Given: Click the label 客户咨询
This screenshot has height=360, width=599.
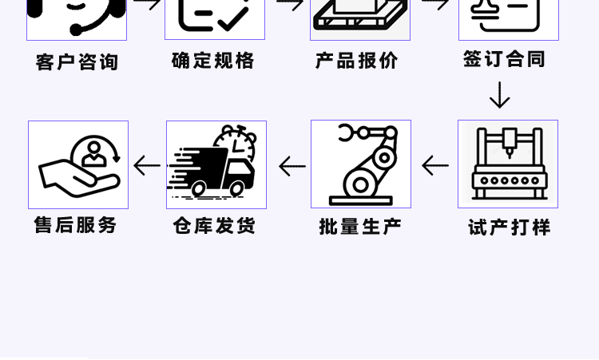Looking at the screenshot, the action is point(77,62).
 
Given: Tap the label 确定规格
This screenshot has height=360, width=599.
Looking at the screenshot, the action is point(213,61).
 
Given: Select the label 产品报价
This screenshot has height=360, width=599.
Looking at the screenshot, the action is point(357,61).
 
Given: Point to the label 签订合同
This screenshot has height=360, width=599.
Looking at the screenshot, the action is point(505,59).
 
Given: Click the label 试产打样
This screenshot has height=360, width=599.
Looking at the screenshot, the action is point(510,227).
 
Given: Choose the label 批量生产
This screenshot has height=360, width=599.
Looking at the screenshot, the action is point(360,227).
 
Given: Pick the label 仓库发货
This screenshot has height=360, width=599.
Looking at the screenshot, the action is point(215,226).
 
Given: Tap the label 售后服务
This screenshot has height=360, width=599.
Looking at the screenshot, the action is point(76,225).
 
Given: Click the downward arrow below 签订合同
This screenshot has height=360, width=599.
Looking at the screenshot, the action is point(500,95).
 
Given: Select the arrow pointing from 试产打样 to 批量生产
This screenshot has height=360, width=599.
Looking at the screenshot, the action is point(435,165).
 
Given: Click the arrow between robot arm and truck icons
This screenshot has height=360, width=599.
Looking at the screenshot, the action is point(292,166).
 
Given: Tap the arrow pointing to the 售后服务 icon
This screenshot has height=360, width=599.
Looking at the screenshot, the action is point(147,165).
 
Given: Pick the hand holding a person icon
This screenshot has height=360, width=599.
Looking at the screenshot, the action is point(78,165).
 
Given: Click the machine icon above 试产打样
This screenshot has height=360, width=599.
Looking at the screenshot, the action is point(508,164).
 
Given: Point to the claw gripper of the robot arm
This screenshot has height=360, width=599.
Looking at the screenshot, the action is point(347,133).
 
